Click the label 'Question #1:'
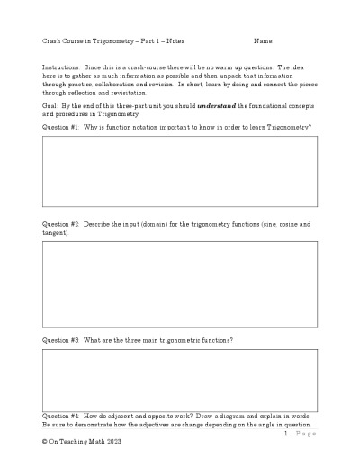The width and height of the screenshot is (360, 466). [x=61, y=128]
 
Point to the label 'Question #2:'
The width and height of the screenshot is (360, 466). [x=61, y=223]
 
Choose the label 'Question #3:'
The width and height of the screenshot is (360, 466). [x=61, y=340]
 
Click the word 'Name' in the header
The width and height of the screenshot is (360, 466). [x=263, y=41]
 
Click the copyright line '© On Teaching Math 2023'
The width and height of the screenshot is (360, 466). [x=81, y=444]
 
